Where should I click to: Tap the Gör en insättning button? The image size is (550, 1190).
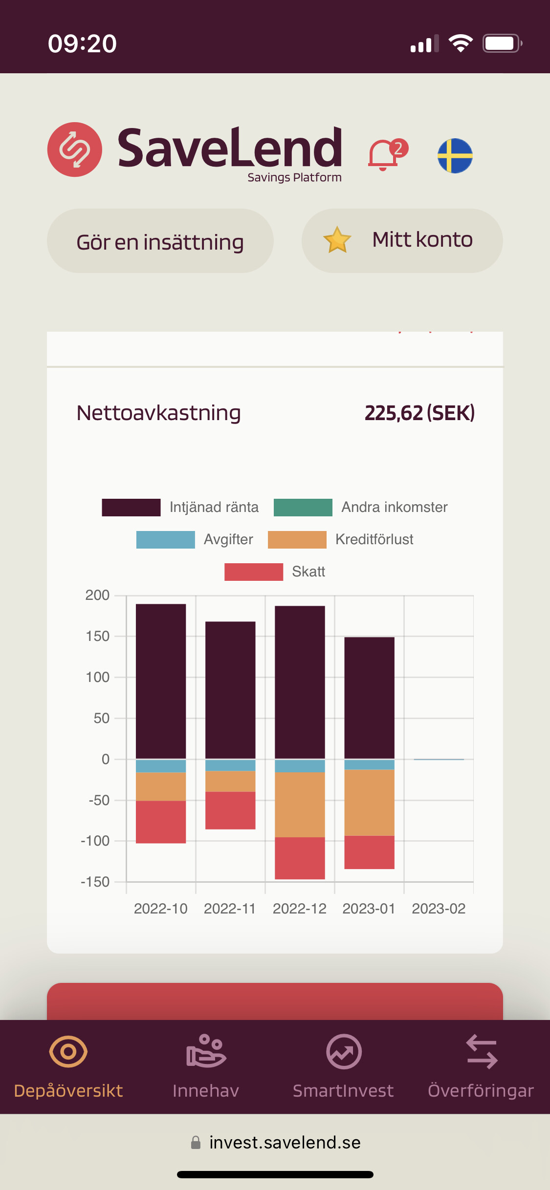pos(160,241)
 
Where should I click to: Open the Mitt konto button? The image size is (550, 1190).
pos(402,241)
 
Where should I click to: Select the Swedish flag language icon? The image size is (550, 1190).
pos(455,156)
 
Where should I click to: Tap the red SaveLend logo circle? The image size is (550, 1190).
pos(75,149)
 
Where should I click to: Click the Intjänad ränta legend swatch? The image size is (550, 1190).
pos(131,508)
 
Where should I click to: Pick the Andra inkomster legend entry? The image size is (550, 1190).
pos(361,508)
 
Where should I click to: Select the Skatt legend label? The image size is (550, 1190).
pos(308,572)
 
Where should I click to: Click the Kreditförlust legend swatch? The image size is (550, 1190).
pos(297,540)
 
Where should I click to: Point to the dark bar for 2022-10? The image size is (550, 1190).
pos(161,681)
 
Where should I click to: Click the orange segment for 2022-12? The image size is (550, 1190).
pos(300,805)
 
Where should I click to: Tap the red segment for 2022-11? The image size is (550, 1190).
pos(230,810)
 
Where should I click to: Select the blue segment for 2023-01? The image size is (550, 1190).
pos(369,765)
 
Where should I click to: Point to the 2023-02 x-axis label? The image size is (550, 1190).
pos(439,909)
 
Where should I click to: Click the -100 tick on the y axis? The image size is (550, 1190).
pos(95,841)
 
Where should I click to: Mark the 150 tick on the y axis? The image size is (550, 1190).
pos(97,636)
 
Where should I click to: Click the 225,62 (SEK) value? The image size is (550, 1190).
pos(419,413)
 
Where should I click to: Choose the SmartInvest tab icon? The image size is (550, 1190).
pos(344,1051)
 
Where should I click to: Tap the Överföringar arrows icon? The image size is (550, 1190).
pos(482,1051)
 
